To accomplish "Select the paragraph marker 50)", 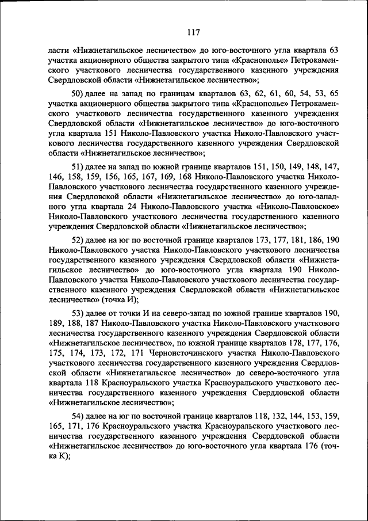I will click(78, 94).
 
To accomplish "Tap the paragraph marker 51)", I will click(78, 166).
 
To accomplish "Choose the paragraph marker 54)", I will click(78, 416).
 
